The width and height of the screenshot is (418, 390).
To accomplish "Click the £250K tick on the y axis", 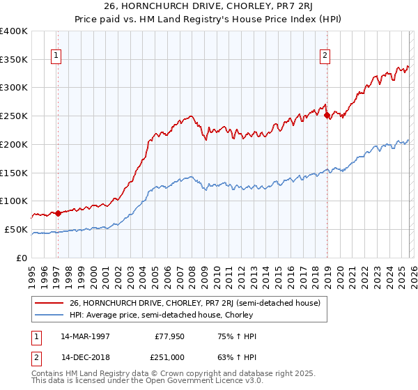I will [x=14, y=116].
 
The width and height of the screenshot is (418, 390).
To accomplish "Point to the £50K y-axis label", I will [x=16, y=229].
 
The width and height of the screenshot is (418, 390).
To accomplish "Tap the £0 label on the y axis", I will [x=22, y=258].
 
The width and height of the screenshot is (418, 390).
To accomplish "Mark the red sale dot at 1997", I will [x=58, y=213].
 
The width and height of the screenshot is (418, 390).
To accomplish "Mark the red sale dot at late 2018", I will [x=326, y=116].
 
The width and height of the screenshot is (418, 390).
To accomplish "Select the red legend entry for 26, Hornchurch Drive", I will [x=194, y=303].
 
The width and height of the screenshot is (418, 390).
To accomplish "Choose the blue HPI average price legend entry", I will [x=161, y=315].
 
